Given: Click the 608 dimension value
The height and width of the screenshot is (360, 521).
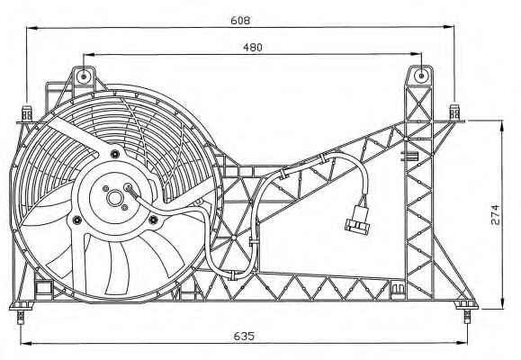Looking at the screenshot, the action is click(240, 21).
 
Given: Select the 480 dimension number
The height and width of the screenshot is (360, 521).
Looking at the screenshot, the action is click(253, 48).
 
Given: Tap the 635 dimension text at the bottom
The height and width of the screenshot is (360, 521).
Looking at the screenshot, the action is click(244, 336).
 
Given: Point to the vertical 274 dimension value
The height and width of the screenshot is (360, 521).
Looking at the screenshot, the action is click(495, 215).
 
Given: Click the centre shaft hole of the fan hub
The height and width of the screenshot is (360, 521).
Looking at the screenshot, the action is click(114, 198).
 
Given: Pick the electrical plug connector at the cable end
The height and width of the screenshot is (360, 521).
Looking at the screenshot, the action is click(357, 220).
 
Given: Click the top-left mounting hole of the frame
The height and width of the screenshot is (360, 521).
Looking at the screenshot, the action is click(84, 76).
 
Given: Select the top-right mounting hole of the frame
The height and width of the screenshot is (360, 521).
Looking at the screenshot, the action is click(421, 76).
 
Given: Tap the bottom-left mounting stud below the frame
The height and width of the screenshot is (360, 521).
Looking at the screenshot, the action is click(21, 317).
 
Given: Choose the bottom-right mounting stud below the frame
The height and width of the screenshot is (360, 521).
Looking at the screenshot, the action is click(468, 316).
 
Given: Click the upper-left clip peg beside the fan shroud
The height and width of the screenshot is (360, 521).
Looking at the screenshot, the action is click(27, 113).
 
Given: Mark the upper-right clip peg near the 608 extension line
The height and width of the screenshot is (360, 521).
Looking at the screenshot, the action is click(454, 112).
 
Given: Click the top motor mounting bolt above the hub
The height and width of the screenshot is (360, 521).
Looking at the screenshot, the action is click(115, 154).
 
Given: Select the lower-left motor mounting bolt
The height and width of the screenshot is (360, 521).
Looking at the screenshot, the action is click(77, 220).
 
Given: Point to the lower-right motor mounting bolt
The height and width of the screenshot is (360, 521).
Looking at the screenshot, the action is click(153, 219).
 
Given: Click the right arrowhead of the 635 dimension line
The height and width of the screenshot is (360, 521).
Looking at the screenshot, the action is click(463, 342).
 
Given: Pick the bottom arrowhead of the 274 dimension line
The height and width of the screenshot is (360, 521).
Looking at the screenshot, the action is click(502, 303).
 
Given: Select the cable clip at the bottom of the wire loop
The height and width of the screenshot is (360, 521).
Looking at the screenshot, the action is click(234, 275).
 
